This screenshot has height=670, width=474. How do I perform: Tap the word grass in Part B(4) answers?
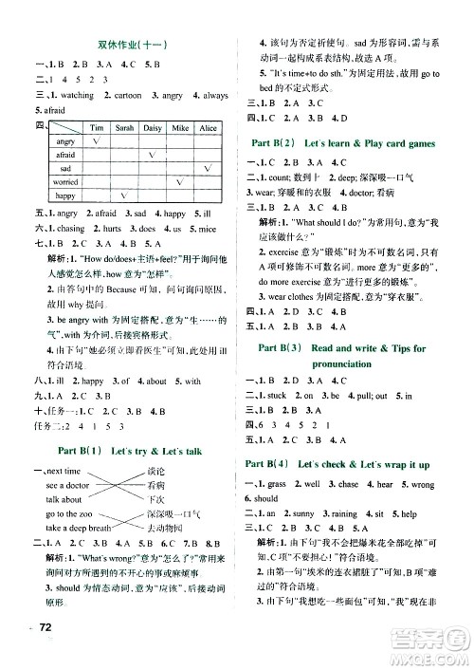point(292,458)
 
